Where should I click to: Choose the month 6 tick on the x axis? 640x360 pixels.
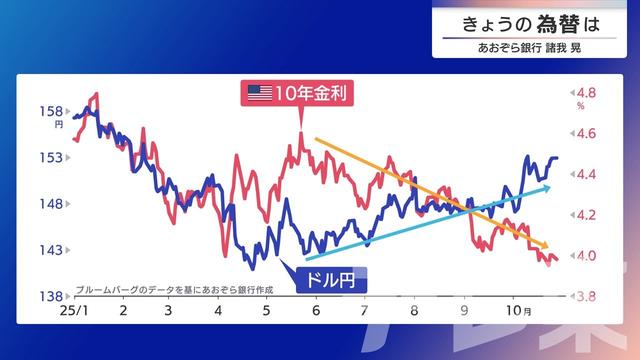(x=315, y=312)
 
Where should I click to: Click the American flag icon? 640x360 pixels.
(x=260, y=93)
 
